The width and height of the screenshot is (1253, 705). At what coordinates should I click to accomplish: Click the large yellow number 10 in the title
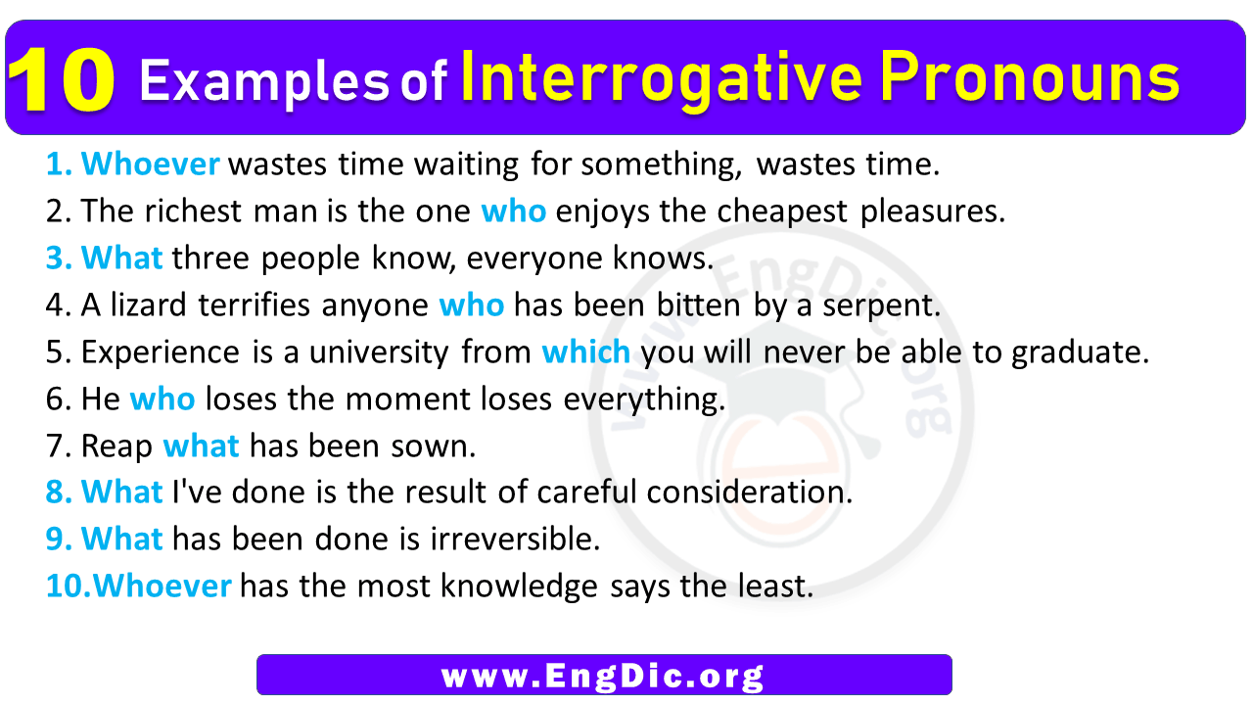pos(62,80)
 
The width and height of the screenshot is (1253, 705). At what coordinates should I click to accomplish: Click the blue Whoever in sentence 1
pos(150,164)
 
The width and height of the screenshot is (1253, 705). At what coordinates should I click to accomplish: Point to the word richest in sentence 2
pos(193,211)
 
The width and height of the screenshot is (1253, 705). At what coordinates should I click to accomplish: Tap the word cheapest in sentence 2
pos(781,212)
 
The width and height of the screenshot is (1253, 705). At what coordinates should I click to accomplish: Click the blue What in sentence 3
pos(121,258)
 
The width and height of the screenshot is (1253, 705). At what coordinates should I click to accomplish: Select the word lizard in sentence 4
pos(148,305)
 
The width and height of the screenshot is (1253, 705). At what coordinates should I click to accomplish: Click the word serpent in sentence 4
pos(881,306)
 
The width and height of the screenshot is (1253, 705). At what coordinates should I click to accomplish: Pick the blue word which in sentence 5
pos(585,352)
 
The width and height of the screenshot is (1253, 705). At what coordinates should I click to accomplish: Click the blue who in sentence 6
pos(162,399)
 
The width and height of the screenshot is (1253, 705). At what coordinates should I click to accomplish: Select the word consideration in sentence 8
pos(750,492)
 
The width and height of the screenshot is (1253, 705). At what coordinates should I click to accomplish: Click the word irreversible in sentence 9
pos(515,539)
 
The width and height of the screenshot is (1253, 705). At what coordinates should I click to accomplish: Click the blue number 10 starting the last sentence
pos(64,586)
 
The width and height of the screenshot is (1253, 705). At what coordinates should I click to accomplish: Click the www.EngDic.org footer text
pos(602,676)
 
